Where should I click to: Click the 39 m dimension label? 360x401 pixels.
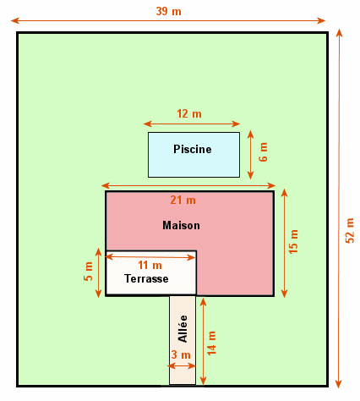click(168, 11)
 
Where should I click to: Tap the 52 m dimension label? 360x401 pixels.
click(350, 230)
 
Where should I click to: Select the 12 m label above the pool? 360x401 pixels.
click(189, 113)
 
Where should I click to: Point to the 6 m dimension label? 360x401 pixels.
click(263, 151)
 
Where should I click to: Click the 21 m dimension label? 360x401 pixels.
click(183, 200)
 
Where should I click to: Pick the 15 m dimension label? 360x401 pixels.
click(293, 241)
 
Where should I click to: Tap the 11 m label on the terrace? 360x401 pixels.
click(150, 265)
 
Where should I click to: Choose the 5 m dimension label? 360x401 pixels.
click(88, 272)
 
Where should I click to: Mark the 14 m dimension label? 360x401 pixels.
click(211, 343)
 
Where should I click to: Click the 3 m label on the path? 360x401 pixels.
click(181, 354)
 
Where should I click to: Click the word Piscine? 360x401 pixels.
click(193, 149)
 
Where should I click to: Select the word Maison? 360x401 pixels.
click(181, 225)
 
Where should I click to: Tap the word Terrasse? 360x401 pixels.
click(146, 278)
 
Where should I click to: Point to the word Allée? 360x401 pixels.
click(183, 328)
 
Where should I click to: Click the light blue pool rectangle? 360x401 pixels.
click(194, 155)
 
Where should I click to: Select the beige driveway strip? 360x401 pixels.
click(183, 340)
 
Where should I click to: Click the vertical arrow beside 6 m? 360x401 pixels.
click(250, 155)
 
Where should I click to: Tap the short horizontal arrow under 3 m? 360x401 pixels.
click(182, 366)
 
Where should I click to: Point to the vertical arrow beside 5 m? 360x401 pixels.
click(98, 272)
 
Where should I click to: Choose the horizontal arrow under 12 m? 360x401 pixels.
click(192, 124)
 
